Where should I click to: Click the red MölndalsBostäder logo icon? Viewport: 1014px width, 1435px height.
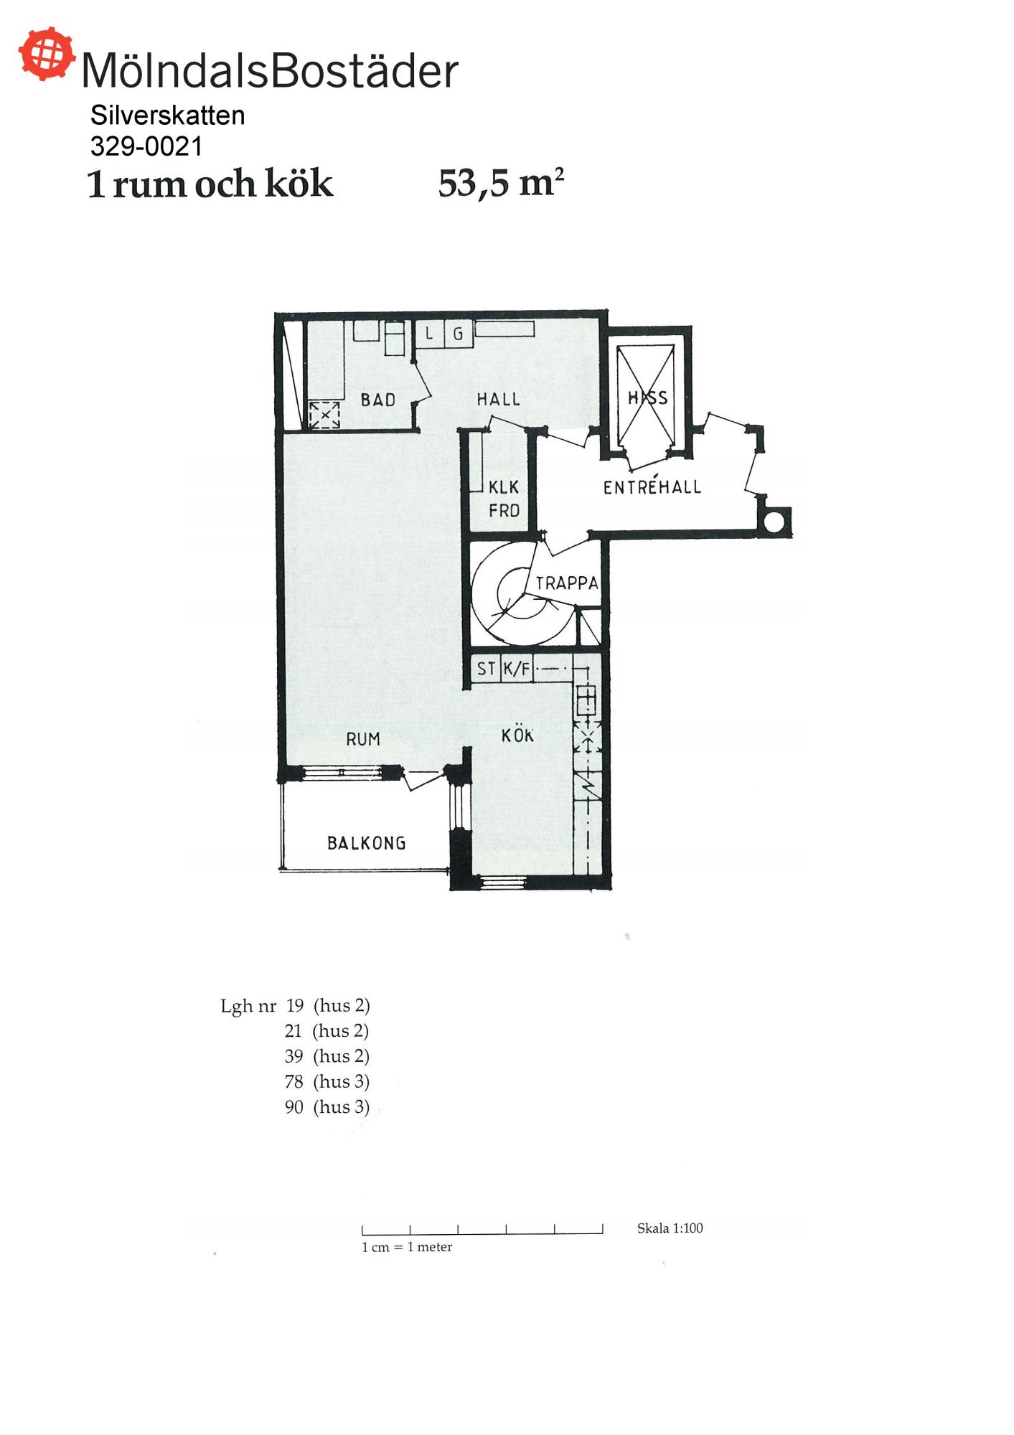click(x=47, y=54)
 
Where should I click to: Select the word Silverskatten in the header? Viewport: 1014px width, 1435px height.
click(x=167, y=116)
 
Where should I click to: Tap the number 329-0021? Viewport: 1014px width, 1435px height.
click(x=146, y=146)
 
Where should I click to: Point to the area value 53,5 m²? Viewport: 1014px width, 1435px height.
click(x=501, y=184)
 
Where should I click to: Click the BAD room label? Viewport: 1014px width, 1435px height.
click(x=378, y=400)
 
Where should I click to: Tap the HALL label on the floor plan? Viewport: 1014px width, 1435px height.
click(x=498, y=399)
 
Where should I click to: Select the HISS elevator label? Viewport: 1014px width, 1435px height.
click(x=647, y=397)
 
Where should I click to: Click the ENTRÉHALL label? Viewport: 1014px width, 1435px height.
click(x=652, y=486)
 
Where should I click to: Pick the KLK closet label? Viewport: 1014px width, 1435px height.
click(x=504, y=487)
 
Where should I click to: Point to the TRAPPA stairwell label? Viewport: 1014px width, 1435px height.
click(x=567, y=583)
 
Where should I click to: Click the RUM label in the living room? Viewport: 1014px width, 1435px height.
click(x=363, y=739)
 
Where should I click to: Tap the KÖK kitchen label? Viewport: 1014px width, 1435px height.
click(x=517, y=735)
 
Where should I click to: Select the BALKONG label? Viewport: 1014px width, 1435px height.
click(x=367, y=843)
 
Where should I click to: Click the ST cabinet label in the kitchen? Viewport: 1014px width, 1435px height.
click(x=486, y=669)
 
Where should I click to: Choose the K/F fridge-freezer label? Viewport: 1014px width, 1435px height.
click(x=517, y=669)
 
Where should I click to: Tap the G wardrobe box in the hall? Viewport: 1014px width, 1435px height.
click(x=458, y=334)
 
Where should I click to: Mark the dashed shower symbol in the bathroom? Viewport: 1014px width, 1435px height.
click(x=324, y=415)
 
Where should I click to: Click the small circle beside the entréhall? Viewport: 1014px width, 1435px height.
click(x=774, y=522)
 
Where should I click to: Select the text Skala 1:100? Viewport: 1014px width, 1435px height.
click(x=670, y=1228)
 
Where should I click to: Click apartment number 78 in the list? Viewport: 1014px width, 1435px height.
click(x=294, y=1081)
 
